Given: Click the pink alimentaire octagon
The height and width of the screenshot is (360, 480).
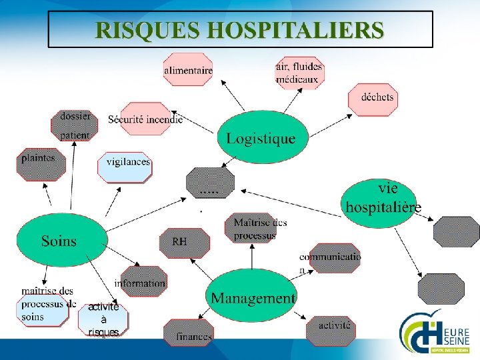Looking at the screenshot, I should [188, 70].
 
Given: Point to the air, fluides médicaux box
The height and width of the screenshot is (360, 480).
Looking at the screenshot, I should [299, 72].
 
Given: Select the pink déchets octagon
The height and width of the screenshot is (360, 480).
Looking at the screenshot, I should [373, 99].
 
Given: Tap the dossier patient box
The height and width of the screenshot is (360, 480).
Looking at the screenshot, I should [75, 125].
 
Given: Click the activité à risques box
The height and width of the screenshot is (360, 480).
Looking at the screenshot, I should [103, 320].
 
